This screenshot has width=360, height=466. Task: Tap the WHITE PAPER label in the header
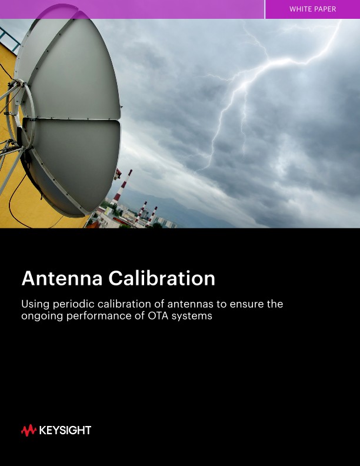pyautogui.click(x=312, y=9)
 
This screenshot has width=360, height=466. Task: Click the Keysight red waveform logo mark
pyautogui.click(x=28, y=431)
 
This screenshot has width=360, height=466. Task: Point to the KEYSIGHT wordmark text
pyautogui.click(x=65, y=431)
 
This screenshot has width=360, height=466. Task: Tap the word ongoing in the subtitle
pyautogui.click(x=42, y=317)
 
